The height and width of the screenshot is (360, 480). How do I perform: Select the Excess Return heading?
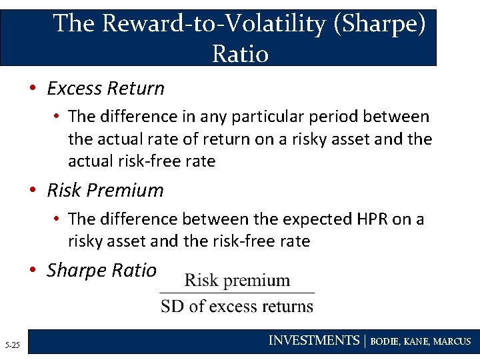coord(105,88)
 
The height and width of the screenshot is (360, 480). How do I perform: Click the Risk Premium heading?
coord(105,190)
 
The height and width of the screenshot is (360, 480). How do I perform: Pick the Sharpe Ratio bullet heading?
coord(101,270)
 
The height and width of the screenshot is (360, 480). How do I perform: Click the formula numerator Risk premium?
coord(237,280)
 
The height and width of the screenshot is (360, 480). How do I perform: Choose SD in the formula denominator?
coord(173,307)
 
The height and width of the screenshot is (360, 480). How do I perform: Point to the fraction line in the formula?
coord(237,293)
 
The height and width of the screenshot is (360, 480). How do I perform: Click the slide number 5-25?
coord(12,345)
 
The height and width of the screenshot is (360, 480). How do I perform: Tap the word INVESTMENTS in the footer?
coord(313,341)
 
